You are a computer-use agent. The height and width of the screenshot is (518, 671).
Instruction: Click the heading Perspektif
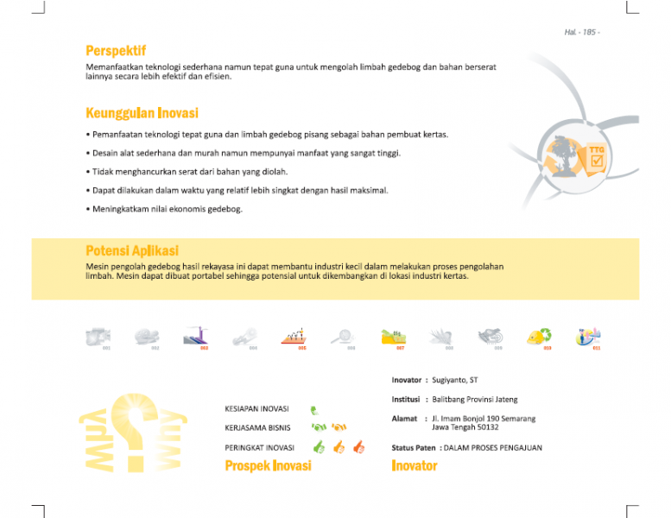116,50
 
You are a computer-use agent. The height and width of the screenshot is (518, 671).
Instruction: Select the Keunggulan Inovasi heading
142,113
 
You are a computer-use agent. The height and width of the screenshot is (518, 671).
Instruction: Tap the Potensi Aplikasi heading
132,250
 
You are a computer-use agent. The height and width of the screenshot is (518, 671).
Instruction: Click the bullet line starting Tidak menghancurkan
187,171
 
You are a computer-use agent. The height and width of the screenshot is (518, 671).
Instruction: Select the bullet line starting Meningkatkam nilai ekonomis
164,209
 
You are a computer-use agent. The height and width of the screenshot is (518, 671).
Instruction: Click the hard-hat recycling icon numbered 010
540,336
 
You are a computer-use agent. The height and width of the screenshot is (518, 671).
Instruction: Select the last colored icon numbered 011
589,336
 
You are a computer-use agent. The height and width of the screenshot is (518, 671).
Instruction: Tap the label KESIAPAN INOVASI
256,409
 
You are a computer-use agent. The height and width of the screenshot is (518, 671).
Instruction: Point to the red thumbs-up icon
358,447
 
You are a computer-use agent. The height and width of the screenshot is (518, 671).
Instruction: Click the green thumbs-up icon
319,447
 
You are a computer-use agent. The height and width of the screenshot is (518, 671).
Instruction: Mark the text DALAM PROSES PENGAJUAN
492,448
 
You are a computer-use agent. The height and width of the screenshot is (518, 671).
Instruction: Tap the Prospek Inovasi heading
268,466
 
